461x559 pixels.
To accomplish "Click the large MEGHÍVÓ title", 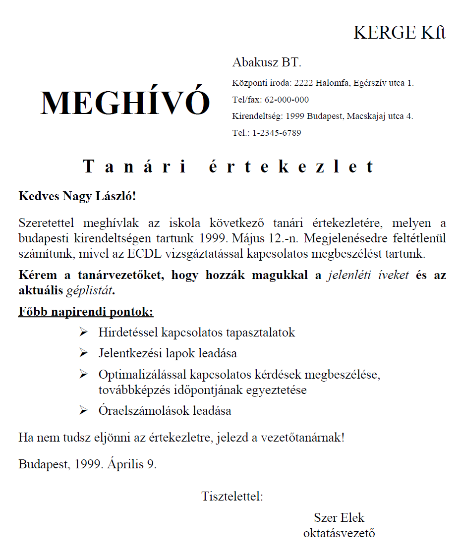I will [125, 103].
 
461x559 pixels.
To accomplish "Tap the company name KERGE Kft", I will [400, 33].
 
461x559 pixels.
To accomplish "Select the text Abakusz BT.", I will [267, 63].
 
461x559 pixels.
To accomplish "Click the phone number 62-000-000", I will [287, 100].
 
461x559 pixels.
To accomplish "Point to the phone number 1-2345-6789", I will [277, 133].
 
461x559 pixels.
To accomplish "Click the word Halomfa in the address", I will [334, 83].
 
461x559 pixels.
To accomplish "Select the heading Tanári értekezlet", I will [229, 167].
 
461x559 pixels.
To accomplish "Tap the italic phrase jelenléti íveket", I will [368, 276].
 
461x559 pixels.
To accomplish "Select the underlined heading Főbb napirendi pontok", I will [86, 312].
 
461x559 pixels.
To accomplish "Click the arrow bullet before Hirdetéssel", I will [83, 332].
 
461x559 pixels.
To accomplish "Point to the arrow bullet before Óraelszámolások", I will [83, 410].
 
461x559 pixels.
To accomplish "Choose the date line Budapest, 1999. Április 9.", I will [88, 464].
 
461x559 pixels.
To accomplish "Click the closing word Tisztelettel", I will [232, 496].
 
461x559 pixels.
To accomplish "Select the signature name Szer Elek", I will [339, 518].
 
